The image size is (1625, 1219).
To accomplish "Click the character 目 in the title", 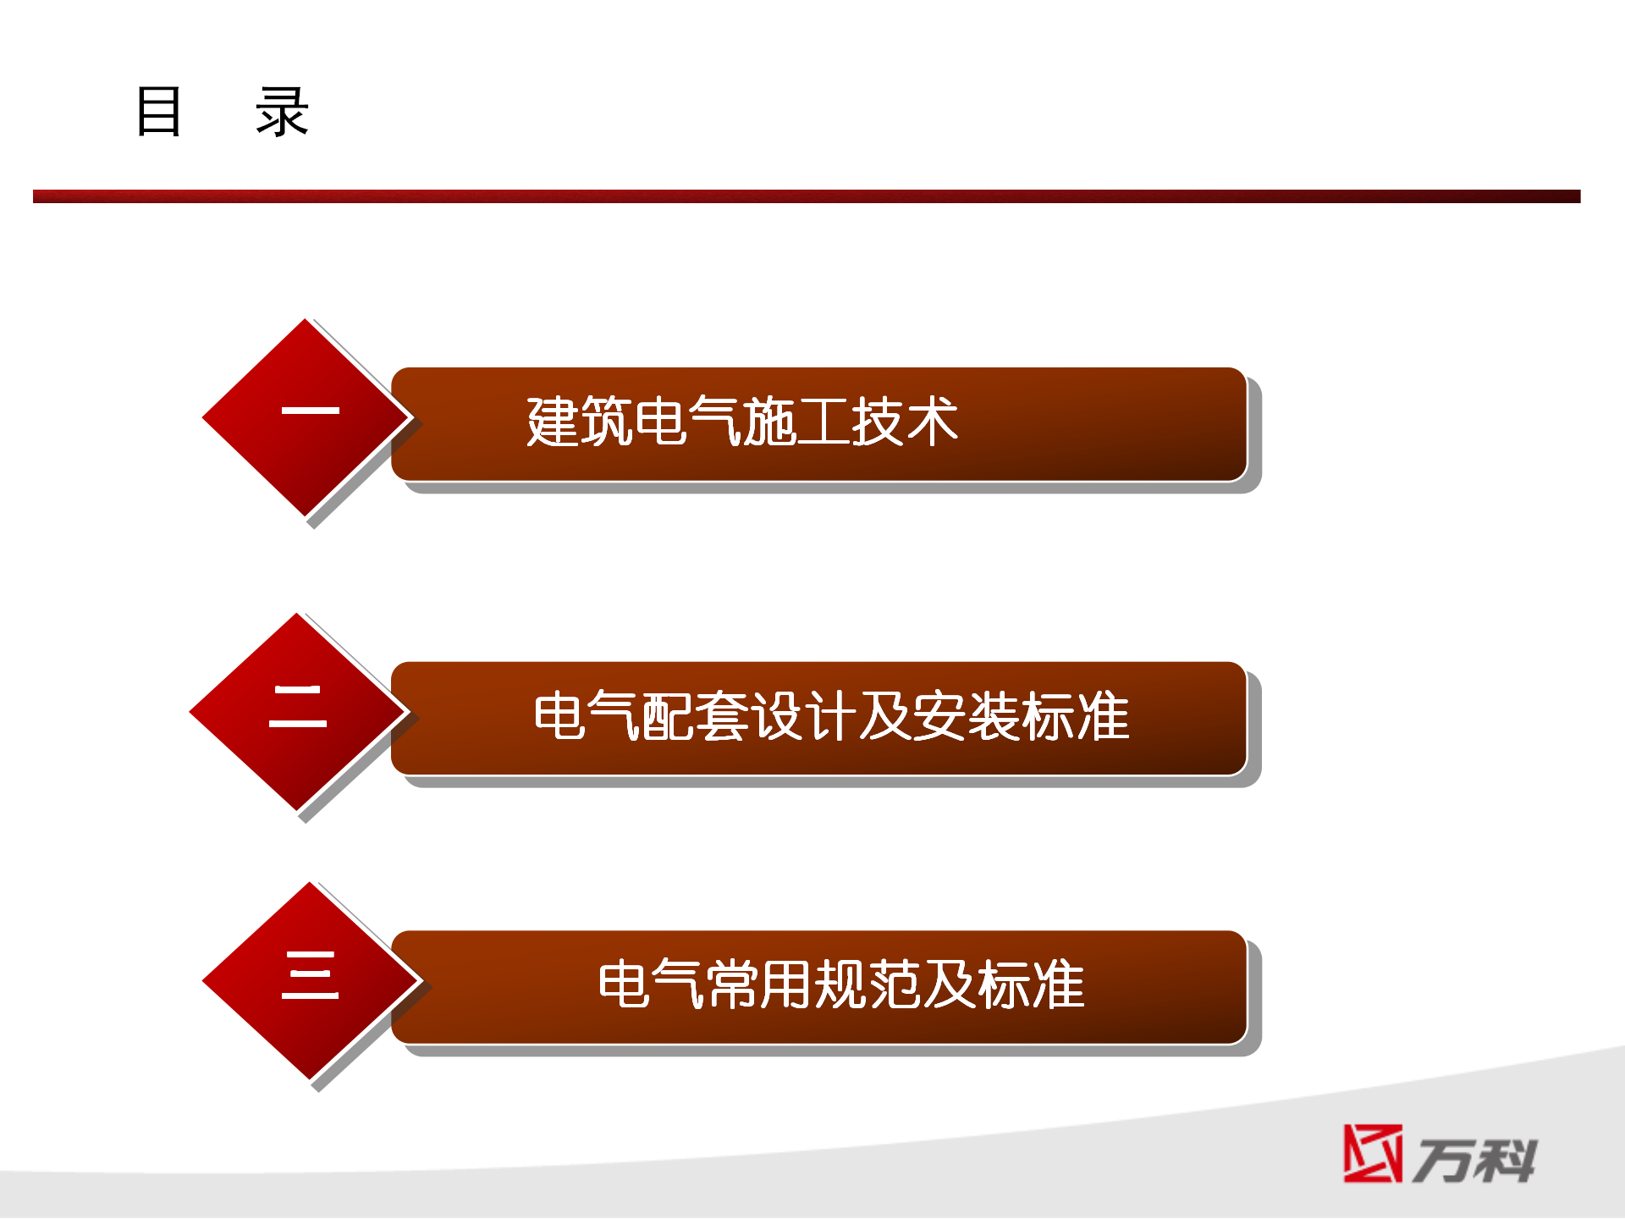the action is coord(158,111).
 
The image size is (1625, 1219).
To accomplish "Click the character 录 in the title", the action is coord(283,111).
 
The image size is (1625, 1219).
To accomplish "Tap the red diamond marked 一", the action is coord(306,417).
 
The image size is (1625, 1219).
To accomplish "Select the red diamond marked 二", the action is coord(297,711).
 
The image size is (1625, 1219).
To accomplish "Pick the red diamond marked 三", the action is coord(311,980).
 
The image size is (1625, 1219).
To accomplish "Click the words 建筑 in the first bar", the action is coord(580,421).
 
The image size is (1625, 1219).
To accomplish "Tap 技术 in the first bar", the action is coord(905,421).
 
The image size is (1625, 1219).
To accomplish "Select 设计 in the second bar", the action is coord(804,715).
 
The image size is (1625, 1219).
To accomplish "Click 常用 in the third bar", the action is coord(760,984).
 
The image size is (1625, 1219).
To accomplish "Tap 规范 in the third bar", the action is coord(868,984).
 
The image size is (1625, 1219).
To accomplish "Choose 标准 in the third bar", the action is coord(1031,984).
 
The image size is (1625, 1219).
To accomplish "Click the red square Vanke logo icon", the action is coord(1373,1153).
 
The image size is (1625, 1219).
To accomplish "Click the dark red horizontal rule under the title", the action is coord(807,196).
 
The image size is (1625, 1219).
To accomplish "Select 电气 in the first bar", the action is coord(688,421).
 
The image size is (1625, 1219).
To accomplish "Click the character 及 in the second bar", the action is coord(885,715).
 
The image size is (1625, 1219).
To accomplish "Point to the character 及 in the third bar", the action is coord(950,984).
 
